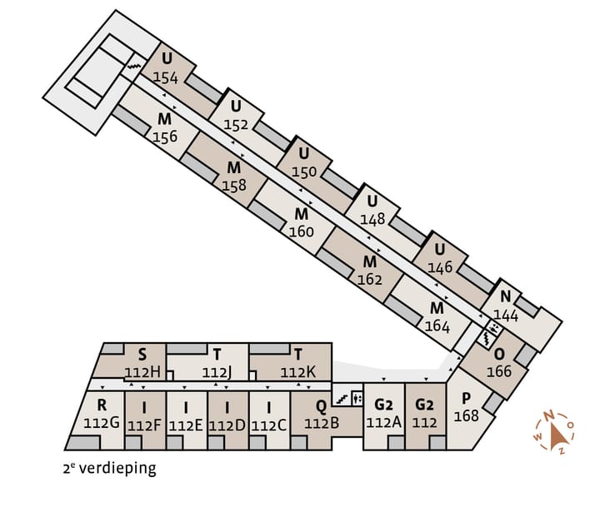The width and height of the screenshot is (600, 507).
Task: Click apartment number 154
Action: click(166, 77)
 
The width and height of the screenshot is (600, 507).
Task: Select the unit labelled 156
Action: click(165, 137)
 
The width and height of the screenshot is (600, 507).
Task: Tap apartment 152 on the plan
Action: click(236, 125)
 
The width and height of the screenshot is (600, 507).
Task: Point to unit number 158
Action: click(234, 186)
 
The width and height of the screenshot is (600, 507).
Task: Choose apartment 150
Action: click(304, 172)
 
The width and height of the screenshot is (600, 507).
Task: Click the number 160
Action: click(301, 231)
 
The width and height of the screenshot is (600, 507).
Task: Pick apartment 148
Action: click(372, 219)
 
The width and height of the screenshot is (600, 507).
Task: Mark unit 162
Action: click(370, 280)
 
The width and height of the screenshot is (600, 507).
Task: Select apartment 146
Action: click(440, 267)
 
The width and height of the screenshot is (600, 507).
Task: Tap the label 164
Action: click(437, 326)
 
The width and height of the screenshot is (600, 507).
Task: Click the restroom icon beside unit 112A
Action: click(357, 399)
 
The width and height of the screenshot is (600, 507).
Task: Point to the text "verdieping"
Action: click(117, 469)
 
